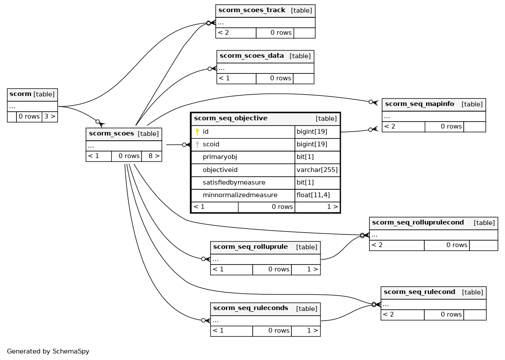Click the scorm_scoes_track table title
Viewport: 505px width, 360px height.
[251, 10]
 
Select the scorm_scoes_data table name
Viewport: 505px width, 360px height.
[251, 56]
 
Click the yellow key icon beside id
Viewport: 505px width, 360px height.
[198, 132]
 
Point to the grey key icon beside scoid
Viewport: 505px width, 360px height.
[198, 145]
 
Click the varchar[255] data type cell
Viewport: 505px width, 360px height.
[317, 170]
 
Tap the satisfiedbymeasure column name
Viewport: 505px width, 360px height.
[234, 182]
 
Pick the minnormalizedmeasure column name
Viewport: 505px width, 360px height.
[240, 195]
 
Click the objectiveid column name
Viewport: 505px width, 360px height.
[220, 170]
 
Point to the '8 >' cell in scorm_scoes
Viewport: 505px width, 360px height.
[152, 156]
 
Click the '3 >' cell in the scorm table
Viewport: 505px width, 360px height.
[50, 116]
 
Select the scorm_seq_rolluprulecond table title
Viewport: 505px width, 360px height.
[418, 222]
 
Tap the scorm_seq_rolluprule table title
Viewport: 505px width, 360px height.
[250, 247]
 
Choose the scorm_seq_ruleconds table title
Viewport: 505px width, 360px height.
[251, 308]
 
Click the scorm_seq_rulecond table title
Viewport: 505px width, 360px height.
[419, 292]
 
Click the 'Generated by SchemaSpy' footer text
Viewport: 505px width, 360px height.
[48, 351]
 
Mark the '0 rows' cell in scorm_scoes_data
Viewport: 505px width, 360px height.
[274, 79]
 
